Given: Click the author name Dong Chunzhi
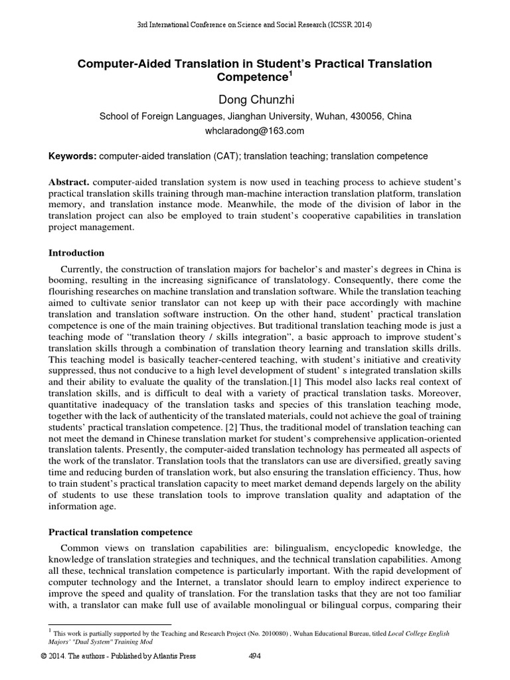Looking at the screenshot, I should point(255,100).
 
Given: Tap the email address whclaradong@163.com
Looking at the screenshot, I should point(255,131).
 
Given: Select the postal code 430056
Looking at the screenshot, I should point(357,116).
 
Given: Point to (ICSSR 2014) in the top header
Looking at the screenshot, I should point(347,25).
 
